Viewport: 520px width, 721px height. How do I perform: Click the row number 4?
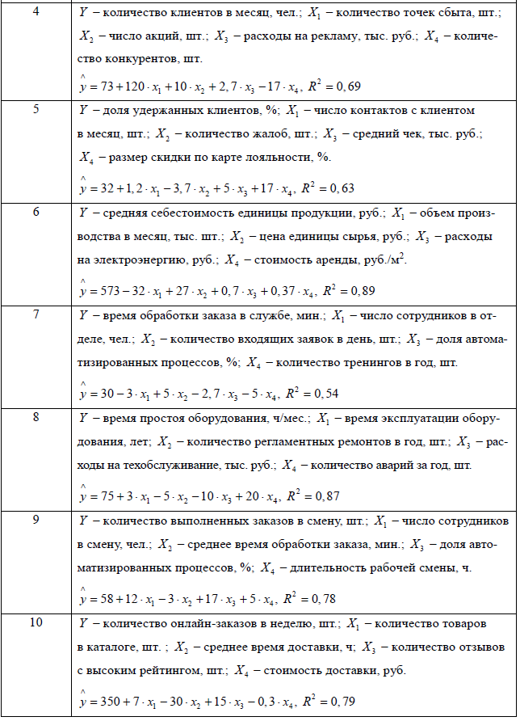(36, 11)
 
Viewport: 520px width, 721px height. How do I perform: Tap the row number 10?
(36, 622)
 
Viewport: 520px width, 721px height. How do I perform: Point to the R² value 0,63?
(342, 188)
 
